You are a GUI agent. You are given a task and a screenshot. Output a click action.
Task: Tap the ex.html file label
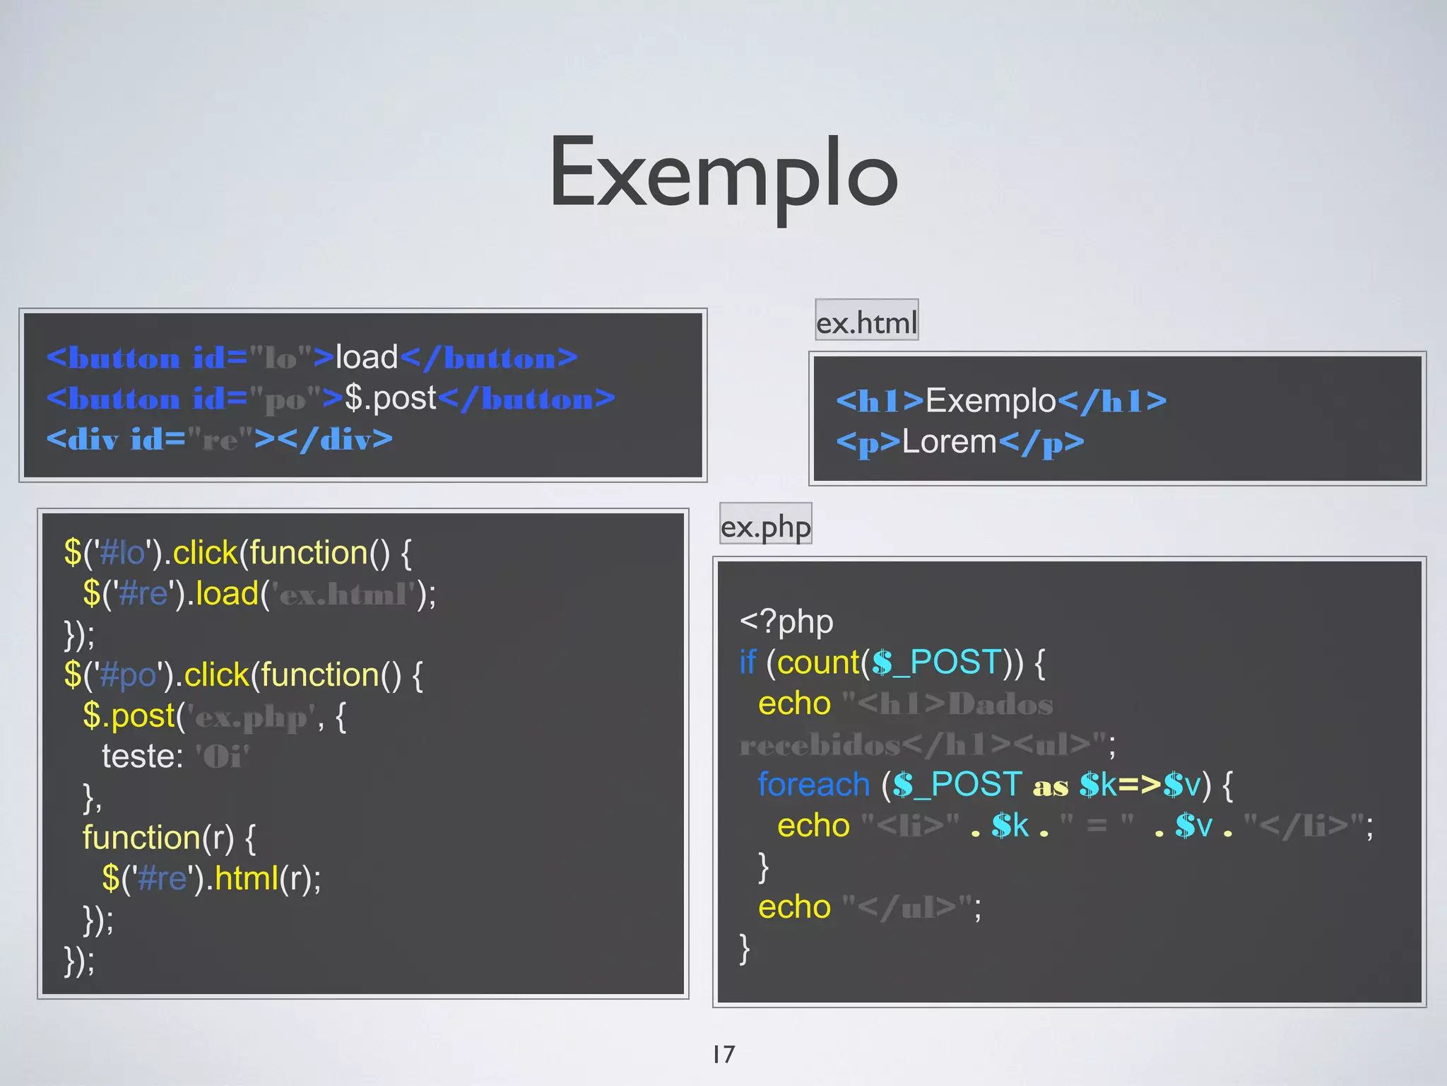coord(866,322)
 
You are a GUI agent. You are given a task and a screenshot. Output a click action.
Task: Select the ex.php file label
coord(765,526)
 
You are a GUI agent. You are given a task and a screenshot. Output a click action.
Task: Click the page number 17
coord(723,1054)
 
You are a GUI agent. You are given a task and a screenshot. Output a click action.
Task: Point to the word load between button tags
coord(367,357)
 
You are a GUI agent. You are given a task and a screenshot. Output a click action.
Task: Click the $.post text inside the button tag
coord(390,398)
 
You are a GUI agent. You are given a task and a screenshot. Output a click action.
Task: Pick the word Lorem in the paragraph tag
coord(949,442)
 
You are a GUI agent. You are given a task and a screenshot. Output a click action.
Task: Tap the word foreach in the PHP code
coord(813,785)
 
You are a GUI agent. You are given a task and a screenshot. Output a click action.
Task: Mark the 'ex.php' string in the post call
coord(251,718)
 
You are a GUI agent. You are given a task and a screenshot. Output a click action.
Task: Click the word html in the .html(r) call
coord(246,879)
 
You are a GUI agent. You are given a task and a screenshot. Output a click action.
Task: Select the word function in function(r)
coord(141,838)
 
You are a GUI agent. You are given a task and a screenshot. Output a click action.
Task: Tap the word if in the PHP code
coord(748,662)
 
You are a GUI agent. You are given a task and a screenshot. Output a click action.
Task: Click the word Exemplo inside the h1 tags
coord(991,401)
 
